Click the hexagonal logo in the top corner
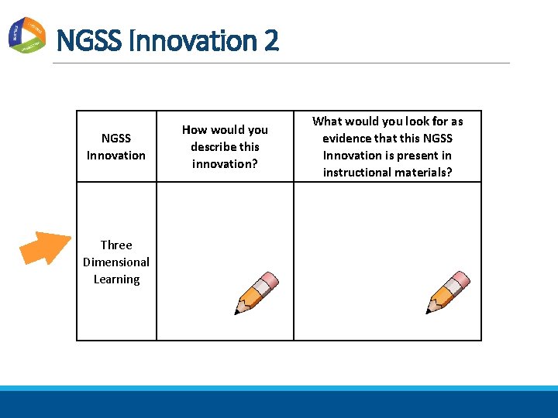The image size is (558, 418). pyautogui.click(x=26, y=34)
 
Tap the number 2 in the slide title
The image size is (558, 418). pyautogui.click(x=270, y=40)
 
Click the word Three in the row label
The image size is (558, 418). pyautogui.click(x=116, y=245)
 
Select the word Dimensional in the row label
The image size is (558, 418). pyautogui.click(x=116, y=262)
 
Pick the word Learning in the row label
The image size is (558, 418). pyautogui.click(x=116, y=279)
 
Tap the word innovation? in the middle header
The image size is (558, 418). pyautogui.click(x=225, y=163)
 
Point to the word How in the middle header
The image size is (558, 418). pyautogui.click(x=194, y=129)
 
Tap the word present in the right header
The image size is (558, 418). pyautogui.click(x=415, y=155)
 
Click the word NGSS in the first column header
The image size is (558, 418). pyautogui.click(x=116, y=138)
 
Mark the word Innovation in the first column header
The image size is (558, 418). pyautogui.click(x=116, y=155)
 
